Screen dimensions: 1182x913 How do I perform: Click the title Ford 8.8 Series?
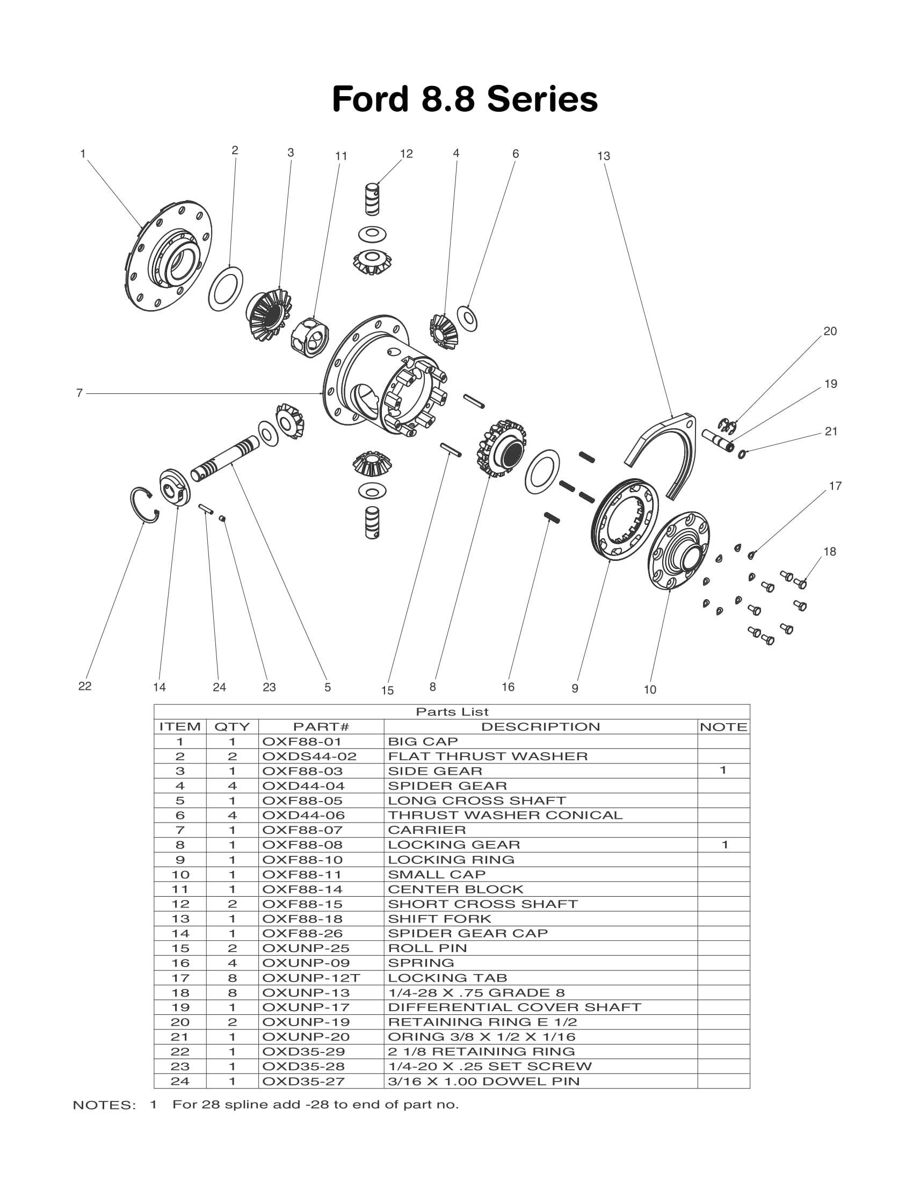tap(465, 99)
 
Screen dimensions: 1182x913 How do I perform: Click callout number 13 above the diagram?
tap(603, 156)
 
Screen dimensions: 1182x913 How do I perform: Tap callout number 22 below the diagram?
tap(85, 686)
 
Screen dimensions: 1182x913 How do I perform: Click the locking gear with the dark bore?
tap(502, 449)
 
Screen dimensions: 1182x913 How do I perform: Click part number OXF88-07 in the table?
tap(302, 830)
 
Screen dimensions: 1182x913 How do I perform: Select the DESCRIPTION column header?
tap(540, 727)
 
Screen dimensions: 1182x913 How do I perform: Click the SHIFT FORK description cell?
tap(439, 918)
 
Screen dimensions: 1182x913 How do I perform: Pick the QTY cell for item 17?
tap(232, 978)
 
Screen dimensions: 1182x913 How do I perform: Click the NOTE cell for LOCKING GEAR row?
tap(724, 845)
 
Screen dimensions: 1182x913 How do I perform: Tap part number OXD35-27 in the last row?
tap(302, 1082)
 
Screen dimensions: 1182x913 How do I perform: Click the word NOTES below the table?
tap(104, 1106)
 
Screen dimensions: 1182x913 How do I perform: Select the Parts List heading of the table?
tap(452, 712)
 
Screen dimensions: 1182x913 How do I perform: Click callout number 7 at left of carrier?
tap(79, 393)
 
